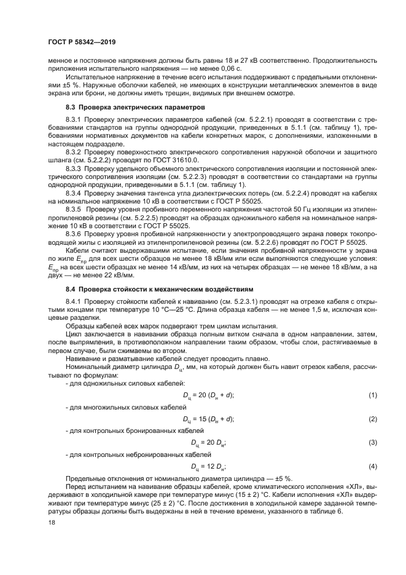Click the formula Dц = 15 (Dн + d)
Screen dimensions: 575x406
(208, 418)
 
